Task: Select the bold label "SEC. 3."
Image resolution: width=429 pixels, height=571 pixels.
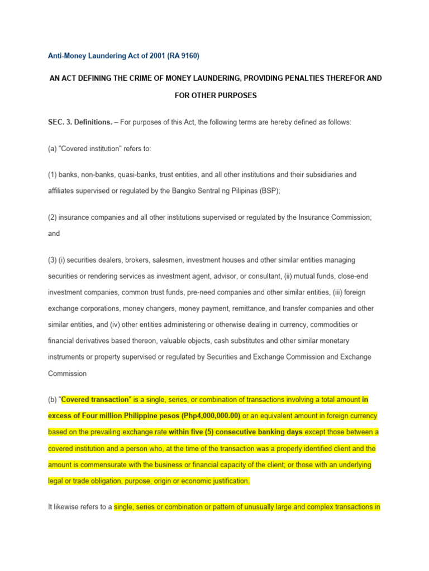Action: [59, 122]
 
